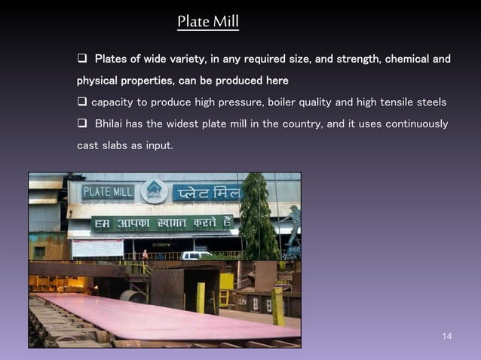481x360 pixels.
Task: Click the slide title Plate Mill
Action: tap(208, 21)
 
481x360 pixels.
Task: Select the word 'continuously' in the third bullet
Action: tap(417, 124)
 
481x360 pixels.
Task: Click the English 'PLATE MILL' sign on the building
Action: tap(107, 192)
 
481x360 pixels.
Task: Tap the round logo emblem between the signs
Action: tap(155, 191)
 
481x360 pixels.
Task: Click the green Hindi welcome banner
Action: tap(161, 224)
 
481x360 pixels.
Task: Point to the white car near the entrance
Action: tap(197, 255)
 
